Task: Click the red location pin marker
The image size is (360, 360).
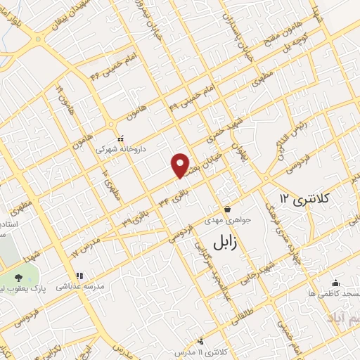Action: [181, 164]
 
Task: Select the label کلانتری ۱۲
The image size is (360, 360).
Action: [303, 198]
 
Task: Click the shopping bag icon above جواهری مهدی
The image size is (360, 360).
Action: [227, 209]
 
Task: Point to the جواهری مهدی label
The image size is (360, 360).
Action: [226, 219]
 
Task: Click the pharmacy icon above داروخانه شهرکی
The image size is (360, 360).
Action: [121, 139]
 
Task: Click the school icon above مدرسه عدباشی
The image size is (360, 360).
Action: [79, 276]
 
